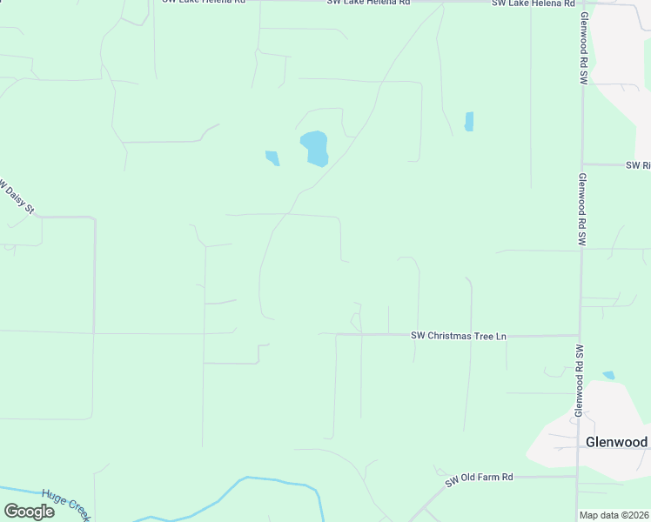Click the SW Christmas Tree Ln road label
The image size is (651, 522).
459,336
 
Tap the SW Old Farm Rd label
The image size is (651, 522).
480,478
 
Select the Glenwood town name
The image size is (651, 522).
616,442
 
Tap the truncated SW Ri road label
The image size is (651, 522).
638,164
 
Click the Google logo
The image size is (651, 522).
29,512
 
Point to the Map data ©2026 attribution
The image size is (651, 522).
614,515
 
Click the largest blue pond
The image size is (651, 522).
314,148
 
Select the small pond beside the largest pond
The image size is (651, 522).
272,157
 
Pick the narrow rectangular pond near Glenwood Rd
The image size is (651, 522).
469,121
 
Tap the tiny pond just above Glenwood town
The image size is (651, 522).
608,375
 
